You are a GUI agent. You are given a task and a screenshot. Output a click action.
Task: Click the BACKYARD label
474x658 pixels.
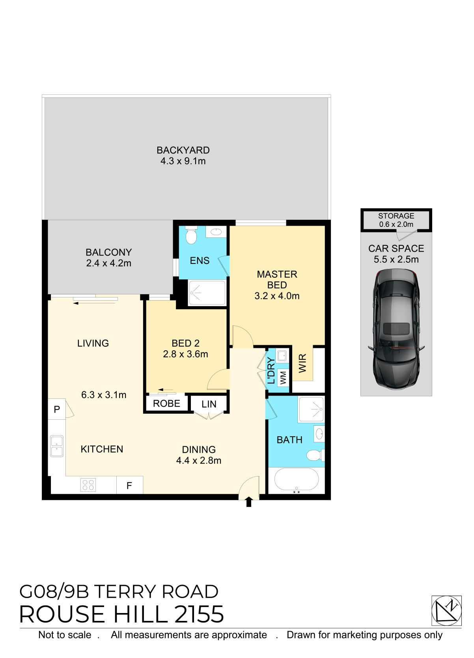tap(183, 150)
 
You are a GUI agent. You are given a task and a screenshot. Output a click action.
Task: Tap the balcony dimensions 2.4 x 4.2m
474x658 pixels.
tap(109, 263)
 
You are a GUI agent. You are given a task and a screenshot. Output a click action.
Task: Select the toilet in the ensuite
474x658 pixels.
tap(191, 235)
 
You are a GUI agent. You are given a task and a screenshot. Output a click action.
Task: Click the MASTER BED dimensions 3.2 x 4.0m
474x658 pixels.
tap(277, 296)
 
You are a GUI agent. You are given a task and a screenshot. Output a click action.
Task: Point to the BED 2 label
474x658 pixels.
tap(185, 343)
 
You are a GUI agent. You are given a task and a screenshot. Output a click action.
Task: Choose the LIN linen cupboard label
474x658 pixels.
tap(209, 404)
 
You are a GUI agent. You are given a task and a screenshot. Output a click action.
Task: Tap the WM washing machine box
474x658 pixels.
tap(283, 378)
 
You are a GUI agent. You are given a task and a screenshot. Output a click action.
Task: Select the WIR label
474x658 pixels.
tap(302, 363)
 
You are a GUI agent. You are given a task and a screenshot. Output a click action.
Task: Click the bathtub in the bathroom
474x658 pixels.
tap(296, 479)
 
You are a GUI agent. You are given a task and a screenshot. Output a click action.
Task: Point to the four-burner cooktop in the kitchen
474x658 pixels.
tap(88, 485)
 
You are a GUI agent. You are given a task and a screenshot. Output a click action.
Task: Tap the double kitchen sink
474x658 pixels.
tap(57, 446)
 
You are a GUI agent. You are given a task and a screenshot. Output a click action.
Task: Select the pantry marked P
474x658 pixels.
tap(57, 409)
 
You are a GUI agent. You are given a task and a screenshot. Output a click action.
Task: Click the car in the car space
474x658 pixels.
tap(396, 329)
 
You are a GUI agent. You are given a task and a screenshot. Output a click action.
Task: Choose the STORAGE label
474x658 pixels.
tap(396, 216)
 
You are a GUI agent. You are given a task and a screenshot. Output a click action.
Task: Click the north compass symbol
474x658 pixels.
tap(446, 611)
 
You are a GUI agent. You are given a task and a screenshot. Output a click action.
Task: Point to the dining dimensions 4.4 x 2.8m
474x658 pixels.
tap(198, 461)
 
